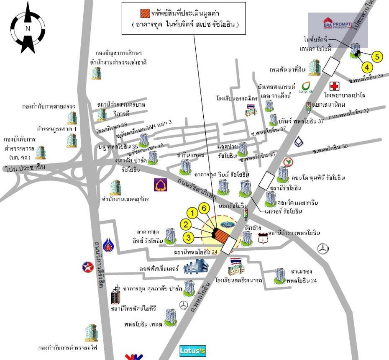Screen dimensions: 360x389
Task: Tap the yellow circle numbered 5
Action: pos(377,57)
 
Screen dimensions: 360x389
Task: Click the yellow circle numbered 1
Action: pos(192,213)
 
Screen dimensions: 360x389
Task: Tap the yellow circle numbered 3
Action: pos(189,238)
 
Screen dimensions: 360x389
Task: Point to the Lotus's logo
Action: pos(193,350)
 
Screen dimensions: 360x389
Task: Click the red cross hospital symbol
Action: pos(334,87)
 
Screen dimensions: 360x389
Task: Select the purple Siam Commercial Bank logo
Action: pos(161,185)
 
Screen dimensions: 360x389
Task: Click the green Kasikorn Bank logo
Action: pos(287,162)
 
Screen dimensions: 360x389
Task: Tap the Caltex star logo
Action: pos(87,267)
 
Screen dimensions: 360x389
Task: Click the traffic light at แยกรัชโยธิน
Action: pos(246,213)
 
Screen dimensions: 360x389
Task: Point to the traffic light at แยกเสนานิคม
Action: pos(309,108)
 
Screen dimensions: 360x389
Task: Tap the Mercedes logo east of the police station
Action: pos(322,249)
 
